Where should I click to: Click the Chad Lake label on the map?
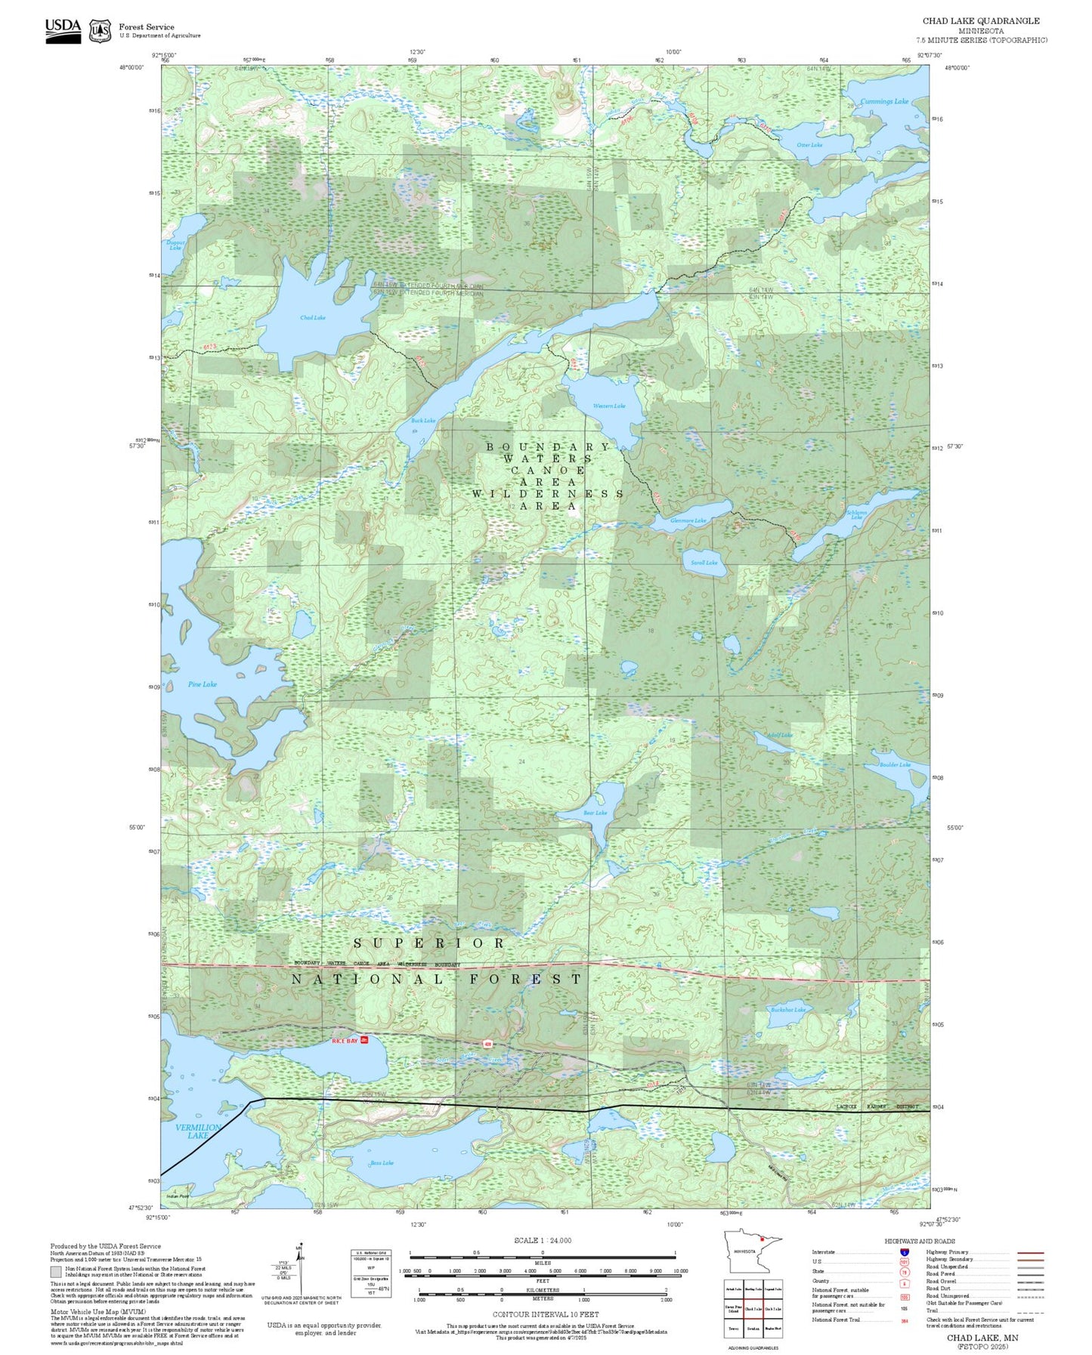pos(312,317)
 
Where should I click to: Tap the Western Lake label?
pos(608,406)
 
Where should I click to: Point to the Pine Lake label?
pos(202,684)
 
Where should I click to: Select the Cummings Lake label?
pos(884,101)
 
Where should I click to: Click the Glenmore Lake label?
pos(688,520)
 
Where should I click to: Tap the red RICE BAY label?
pos(345,1041)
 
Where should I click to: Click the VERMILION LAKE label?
pos(197,1131)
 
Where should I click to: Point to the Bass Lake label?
pos(382,1163)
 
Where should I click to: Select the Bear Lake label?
pos(595,813)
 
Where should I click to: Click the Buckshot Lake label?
pos(787,1009)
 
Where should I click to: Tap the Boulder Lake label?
pos(895,764)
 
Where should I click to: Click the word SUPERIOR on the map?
pos(428,943)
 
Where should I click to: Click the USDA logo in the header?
pos(63,30)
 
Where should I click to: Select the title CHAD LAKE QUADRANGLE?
pos(980,21)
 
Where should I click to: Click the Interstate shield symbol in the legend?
pos(905,1252)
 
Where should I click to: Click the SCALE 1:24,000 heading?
pos(542,1240)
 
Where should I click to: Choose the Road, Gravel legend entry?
pos(942,1282)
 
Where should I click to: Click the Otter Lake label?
pos(809,145)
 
